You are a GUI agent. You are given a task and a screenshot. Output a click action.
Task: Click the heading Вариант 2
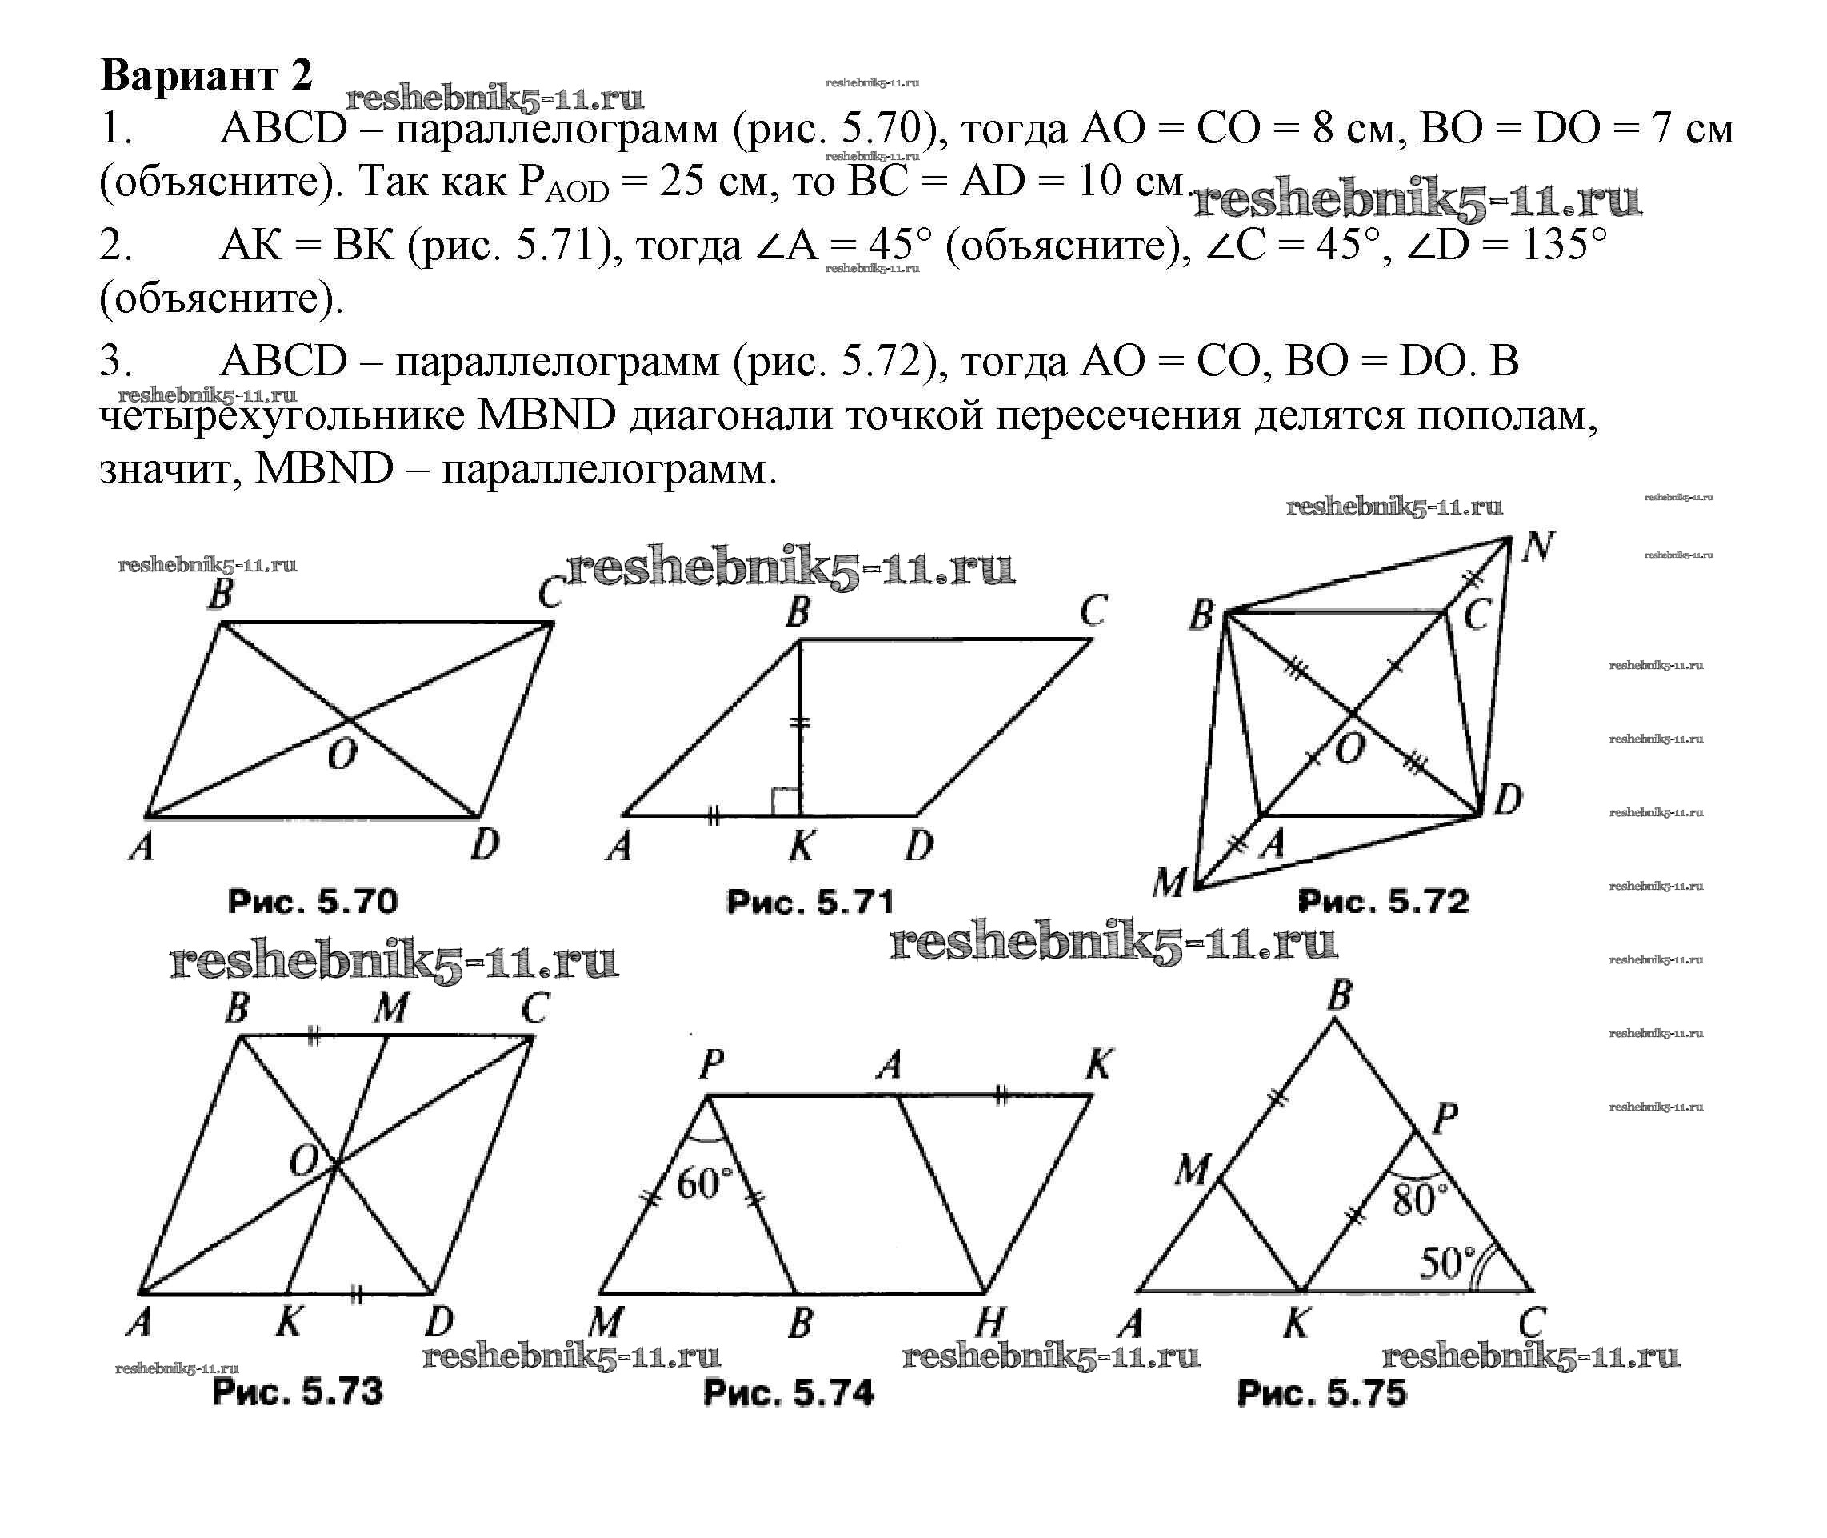pos(206,75)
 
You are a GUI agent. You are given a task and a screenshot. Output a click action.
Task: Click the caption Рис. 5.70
pos(313,901)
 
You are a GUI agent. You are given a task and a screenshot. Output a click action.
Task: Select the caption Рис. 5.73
pos(298,1392)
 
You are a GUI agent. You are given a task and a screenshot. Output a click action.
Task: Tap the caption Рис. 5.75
pos(1321,1392)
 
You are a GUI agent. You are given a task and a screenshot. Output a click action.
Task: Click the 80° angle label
pos(1419,1200)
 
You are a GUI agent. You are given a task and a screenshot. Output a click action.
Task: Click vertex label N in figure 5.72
pos(1538,547)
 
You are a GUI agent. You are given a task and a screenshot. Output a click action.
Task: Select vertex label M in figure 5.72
pos(1169,883)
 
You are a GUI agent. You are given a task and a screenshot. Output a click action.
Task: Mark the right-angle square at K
pos(786,801)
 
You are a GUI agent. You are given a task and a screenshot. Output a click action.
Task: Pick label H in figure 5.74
pos(990,1324)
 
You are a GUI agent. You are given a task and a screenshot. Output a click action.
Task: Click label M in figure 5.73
pos(390,1009)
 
